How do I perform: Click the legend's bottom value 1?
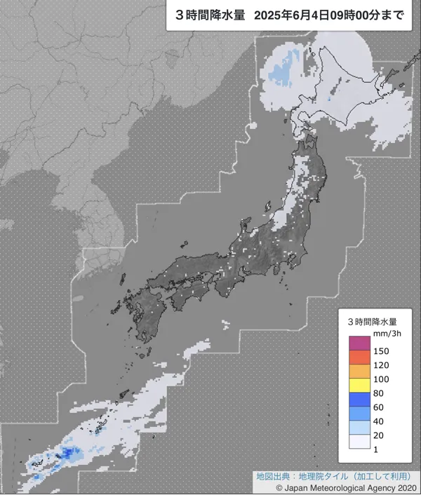pyautogui.click(x=375, y=449)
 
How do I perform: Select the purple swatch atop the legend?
pyautogui.click(x=359, y=344)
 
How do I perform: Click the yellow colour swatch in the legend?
pyautogui.click(x=359, y=386)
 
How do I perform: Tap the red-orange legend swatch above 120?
pyautogui.click(x=359, y=358)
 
